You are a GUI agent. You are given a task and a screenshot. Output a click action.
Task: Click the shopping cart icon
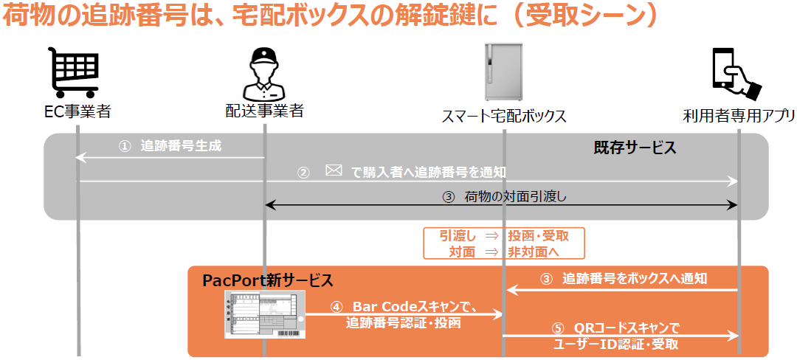[x=73, y=72]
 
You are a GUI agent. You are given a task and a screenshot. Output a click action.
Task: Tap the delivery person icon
[x=263, y=75]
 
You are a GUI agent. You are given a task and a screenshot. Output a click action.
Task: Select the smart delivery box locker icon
[x=503, y=72]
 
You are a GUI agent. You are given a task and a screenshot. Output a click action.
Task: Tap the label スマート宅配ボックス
[x=504, y=116]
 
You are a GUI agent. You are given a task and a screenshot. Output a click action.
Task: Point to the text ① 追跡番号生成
[x=170, y=146]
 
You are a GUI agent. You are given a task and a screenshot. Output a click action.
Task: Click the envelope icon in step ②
[x=334, y=170]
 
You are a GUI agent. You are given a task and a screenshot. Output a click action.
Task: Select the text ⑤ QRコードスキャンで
[x=615, y=328]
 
